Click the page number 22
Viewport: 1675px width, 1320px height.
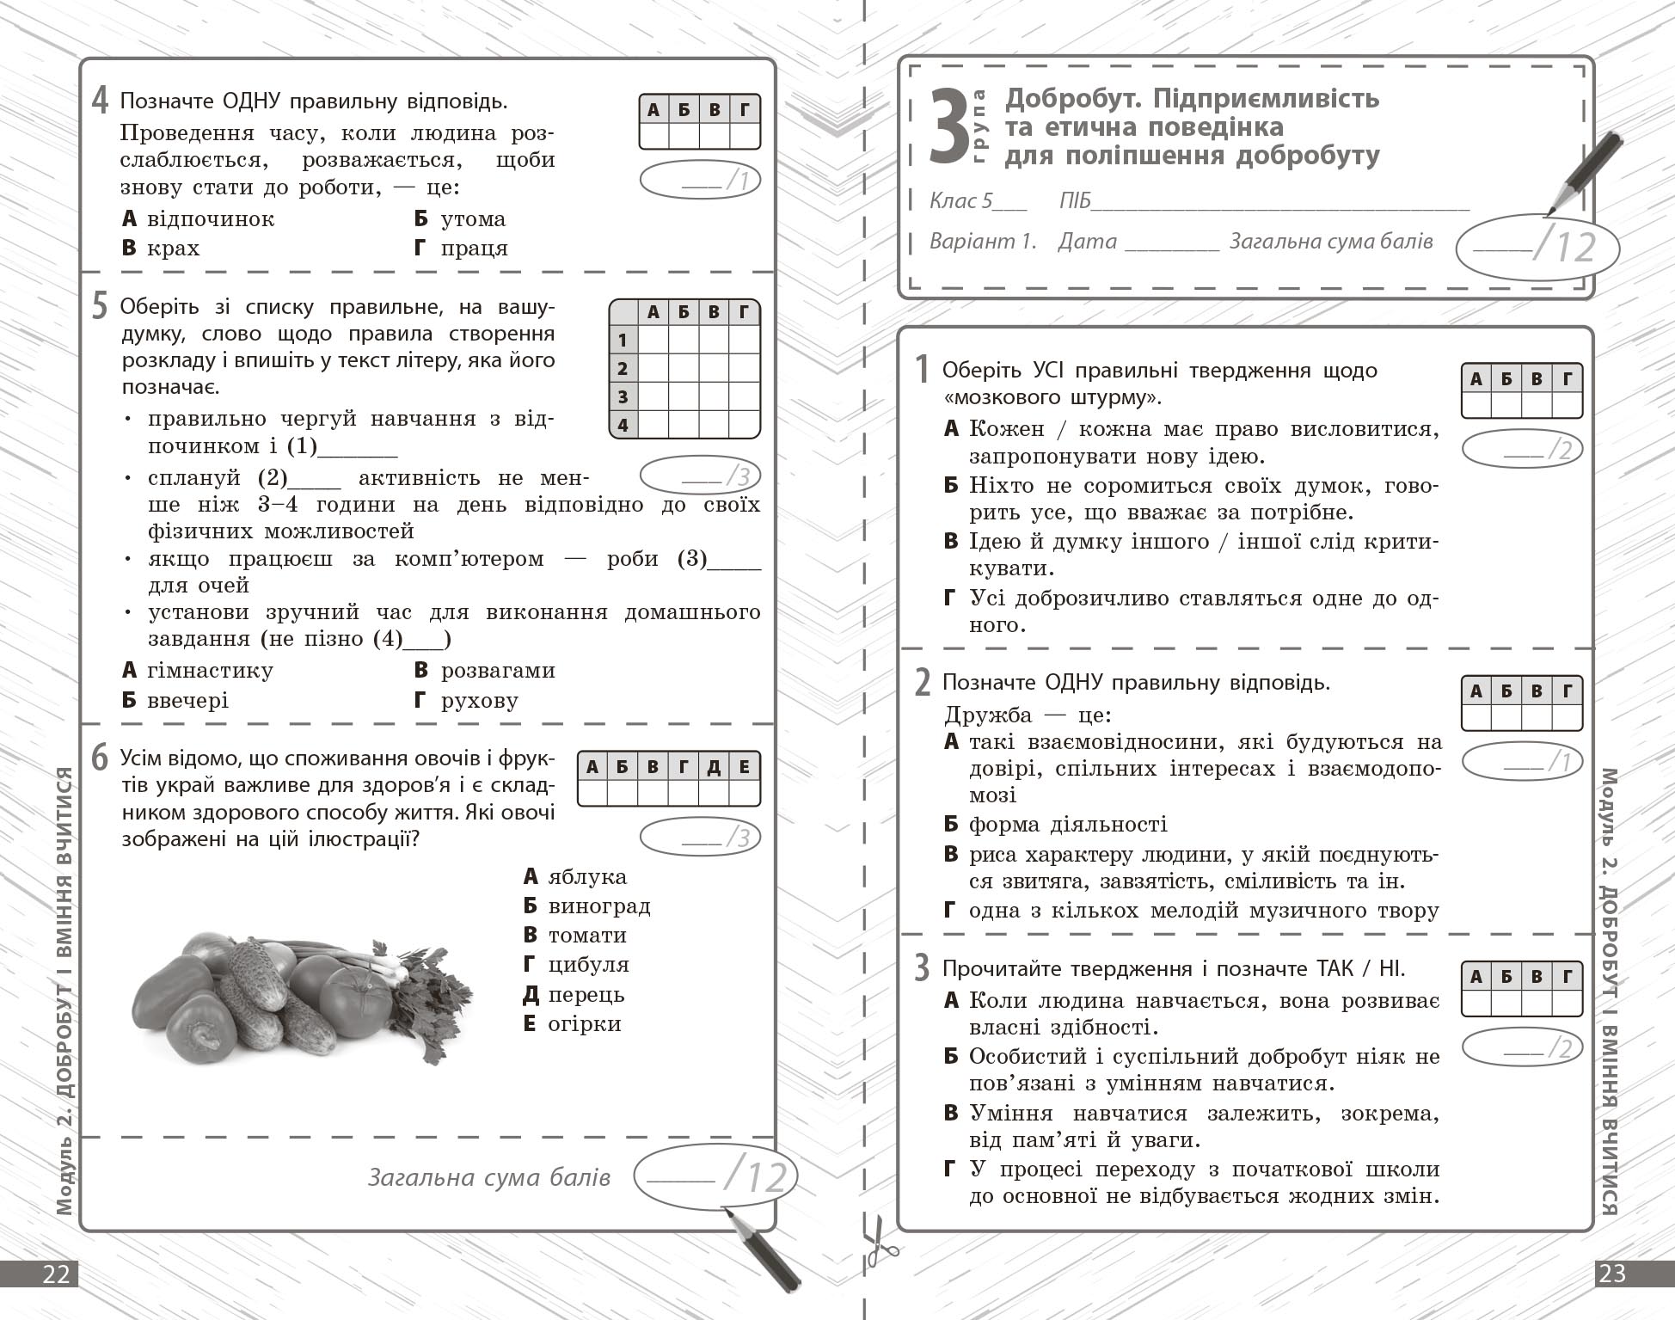(x=56, y=1274)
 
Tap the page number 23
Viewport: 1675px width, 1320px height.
(x=1612, y=1274)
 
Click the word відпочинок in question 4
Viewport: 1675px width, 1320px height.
(x=211, y=219)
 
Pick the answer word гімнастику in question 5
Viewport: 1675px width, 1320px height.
(x=211, y=671)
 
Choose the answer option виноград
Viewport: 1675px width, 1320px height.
(x=599, y=906)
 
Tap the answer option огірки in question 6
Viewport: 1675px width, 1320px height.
(x=585, y=1024)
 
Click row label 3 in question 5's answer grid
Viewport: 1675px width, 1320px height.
(x=623, y=397)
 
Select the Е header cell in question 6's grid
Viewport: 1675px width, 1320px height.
(x=745, y=766)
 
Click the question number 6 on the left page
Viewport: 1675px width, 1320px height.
(x=101, y=758)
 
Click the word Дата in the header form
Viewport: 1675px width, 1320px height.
(x=1087, y=242)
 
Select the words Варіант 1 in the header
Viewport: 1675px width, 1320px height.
(x=983, y=242)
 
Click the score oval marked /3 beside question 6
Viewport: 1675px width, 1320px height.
(x=700, y=838)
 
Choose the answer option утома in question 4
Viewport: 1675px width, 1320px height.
(x=473, y=219)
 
